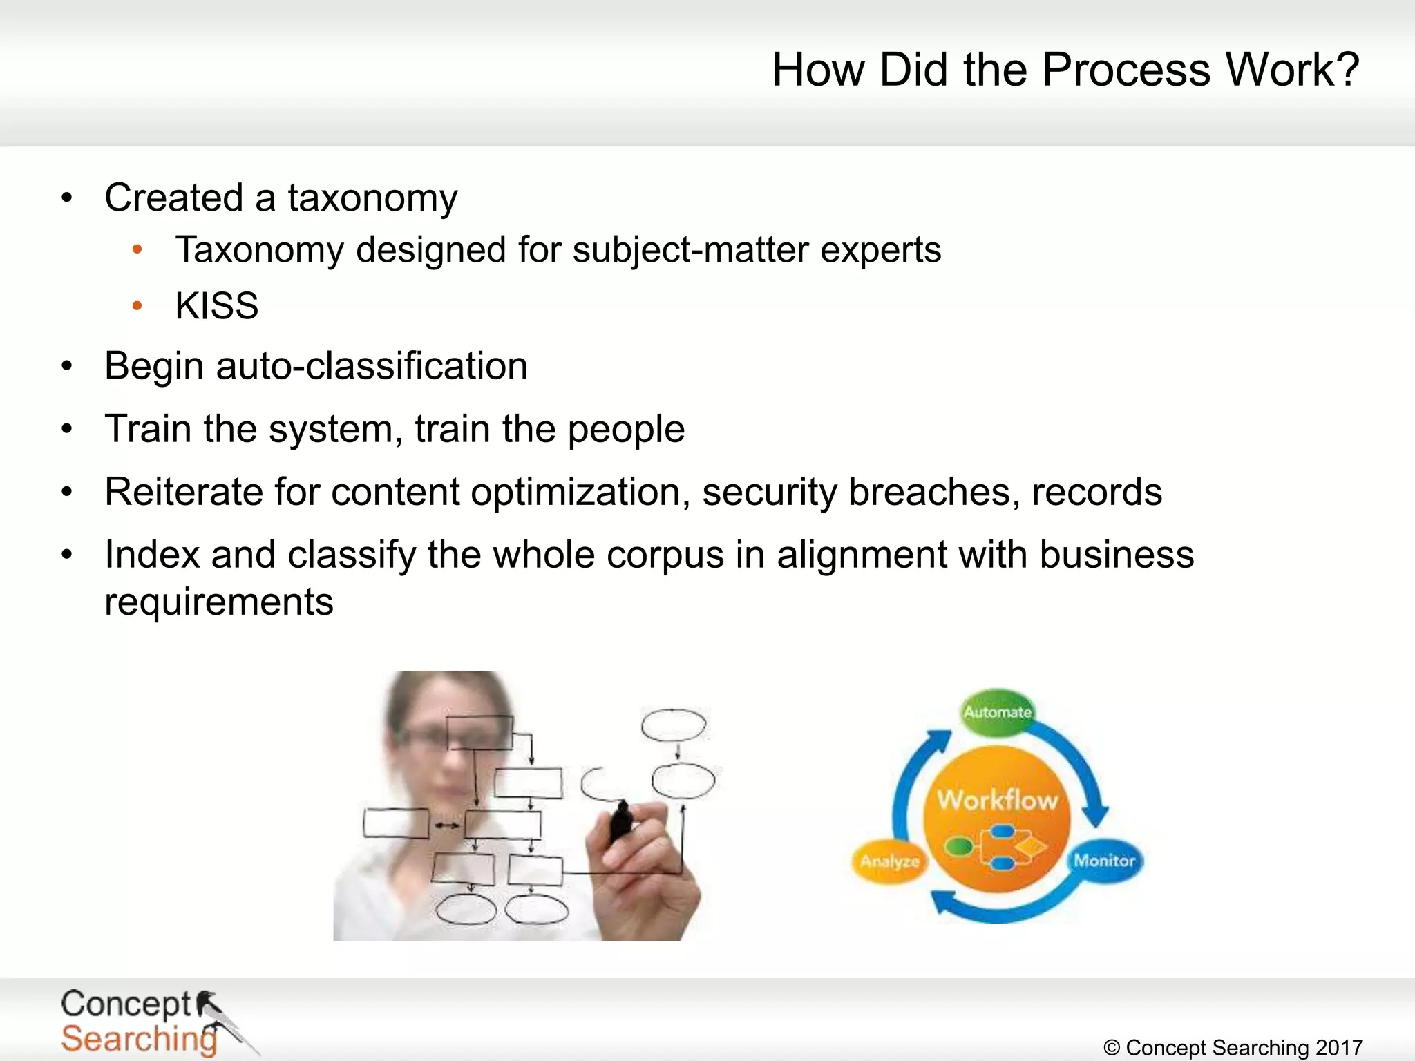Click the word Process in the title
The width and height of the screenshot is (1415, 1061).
pyautogui.click(x=1126, y=70)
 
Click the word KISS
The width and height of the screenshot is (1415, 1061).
pyautogui.click(x=217, y=306)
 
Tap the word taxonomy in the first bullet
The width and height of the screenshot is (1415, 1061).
pyautogui.click(x=372, y=199)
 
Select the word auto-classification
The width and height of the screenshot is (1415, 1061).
pyautogui.click(x=372, y=366)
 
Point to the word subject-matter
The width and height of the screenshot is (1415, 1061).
pyautogui.click(x=690, y=250)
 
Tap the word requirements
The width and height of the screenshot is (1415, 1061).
pyautogui.click(x=219, y=602)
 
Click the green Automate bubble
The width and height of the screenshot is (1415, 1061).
pyautogui.click(x=997, y=711)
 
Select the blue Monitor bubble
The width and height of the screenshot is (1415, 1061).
pyautogui.click(x=1104, y=861)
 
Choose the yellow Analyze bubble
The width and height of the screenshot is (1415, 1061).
pyautogui.click(x=889, y=861)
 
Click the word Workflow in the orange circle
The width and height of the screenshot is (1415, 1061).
pyautogui.click(x=997, y=800)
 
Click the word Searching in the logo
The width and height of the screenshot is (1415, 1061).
pyautogui.click(x=138, y=1039)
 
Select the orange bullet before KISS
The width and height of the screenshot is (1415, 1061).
pyautogui.click(x=137, y=305)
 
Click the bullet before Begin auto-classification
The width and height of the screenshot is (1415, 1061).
pyautogui.click(x=67, y=366)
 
